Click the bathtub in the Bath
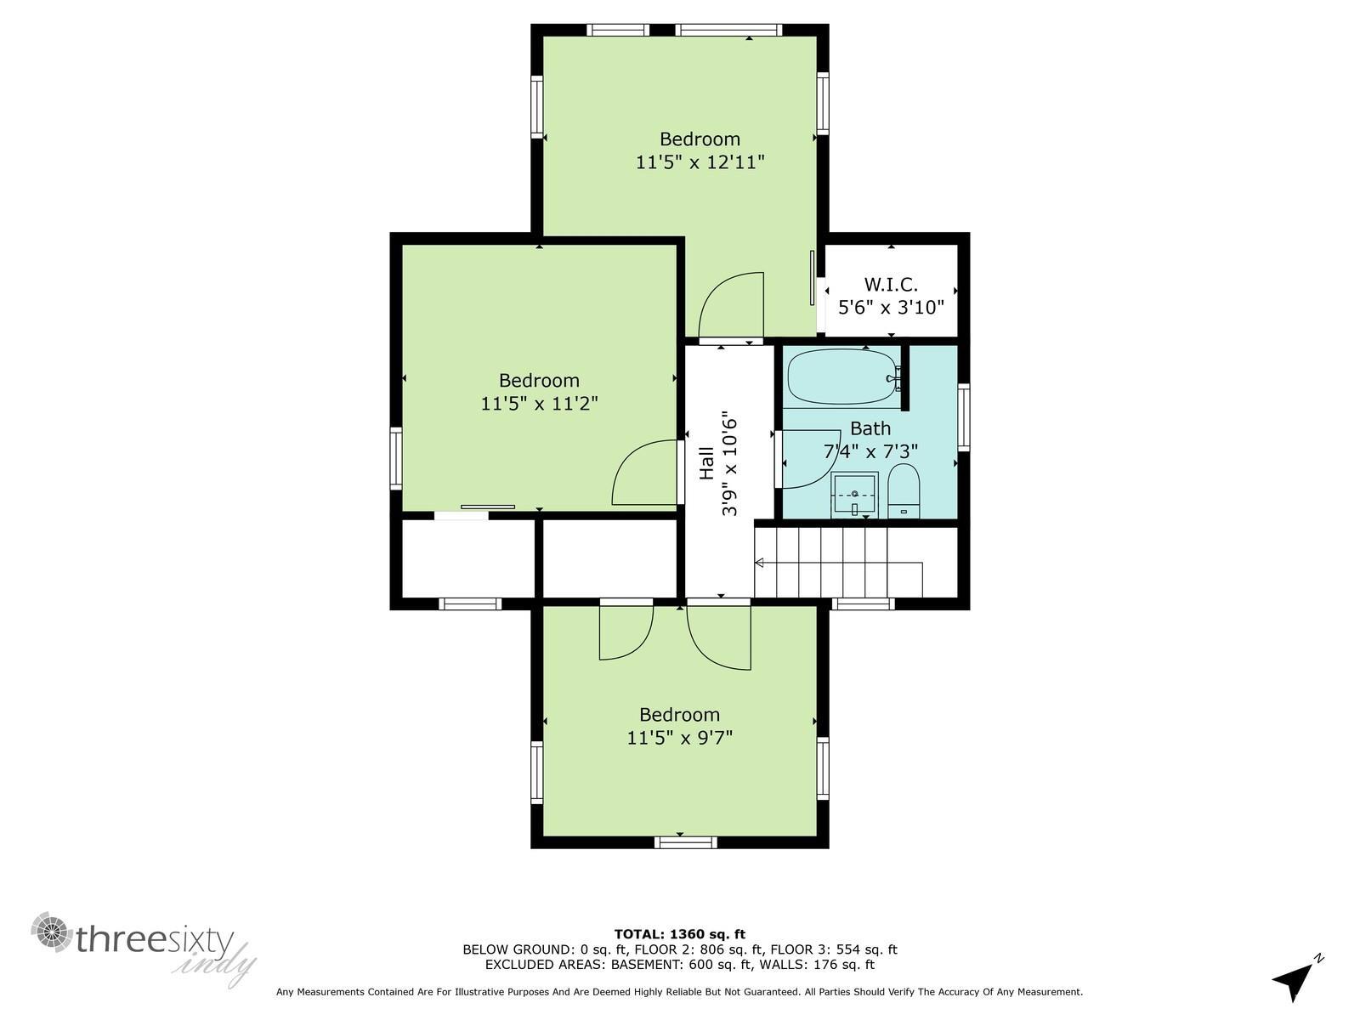point(841,377)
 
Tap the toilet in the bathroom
point(904,491)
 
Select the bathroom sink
point(854,495)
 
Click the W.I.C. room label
point(891,285)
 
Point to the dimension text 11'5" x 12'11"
point(700,161)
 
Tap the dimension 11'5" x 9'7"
point(679,737)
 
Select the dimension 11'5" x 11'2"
point(539,403)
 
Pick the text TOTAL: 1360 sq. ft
point(679,934)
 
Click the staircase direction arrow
point(760,563)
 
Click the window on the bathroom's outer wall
point(963,416)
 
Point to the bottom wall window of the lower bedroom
point(685,842)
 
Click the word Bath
point(870,428)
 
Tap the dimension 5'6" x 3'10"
point(891,308)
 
